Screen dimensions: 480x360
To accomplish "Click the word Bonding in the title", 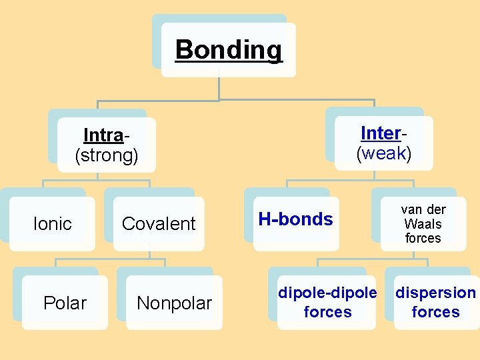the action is point(229,50).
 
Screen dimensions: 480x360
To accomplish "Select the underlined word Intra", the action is point(103,135).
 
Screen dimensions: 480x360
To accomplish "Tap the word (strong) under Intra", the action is point(107,156).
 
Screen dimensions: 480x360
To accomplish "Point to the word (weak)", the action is point(384,154).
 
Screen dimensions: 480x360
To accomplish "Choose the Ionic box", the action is point(52,224).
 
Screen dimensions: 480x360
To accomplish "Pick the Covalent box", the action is point(159,224).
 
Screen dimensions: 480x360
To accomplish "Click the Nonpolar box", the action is point(174,303).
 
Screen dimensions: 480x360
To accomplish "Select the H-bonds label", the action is point(295,219).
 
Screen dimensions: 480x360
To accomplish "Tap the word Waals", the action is point(423,223).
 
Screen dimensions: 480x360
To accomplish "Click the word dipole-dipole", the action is point(327,293).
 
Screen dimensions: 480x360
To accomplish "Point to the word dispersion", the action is point(436,293).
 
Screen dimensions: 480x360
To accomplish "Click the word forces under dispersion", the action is point(436,312).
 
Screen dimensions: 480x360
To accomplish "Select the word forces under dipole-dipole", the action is point(327,312).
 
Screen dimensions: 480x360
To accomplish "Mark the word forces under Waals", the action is point(423,238).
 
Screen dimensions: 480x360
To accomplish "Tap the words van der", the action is point(423,209).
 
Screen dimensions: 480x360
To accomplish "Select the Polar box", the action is point(65,303).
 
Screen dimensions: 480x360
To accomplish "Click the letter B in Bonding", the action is point(183,50).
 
